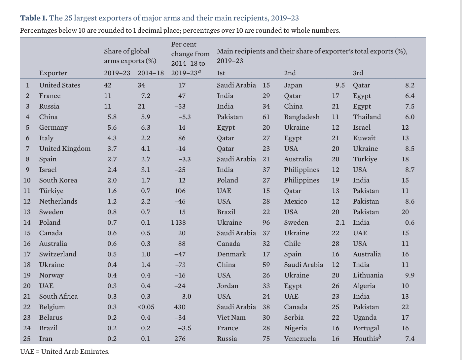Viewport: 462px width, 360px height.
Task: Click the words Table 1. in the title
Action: click(34, 18)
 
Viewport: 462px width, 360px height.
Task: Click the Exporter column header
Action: click(53, 73)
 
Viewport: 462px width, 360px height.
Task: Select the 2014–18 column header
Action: click(151, 73)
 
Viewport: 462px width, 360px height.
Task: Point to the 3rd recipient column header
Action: click(358, 73)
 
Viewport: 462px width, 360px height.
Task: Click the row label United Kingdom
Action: click(65, 148)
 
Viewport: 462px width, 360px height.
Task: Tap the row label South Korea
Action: click(58, 180)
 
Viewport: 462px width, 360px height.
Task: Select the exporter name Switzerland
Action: click(58, 254)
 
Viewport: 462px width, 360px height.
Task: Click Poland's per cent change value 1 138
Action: click(178, 222)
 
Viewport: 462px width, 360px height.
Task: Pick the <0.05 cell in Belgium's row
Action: click(146, 307)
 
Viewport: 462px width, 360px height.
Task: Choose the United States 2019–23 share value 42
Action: click(108, 85)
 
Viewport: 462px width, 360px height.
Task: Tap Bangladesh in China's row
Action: click(302, 117)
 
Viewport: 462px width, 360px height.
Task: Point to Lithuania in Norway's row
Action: click(368, 275)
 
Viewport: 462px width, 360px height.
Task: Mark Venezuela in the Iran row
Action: click(300, 339)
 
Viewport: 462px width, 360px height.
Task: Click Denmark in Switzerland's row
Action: click(231, 254)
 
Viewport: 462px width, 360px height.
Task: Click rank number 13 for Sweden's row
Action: click(27, 212)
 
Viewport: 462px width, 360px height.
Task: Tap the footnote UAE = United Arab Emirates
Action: click(65, 351)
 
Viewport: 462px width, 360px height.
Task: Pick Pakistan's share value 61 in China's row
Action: click(266, 117)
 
